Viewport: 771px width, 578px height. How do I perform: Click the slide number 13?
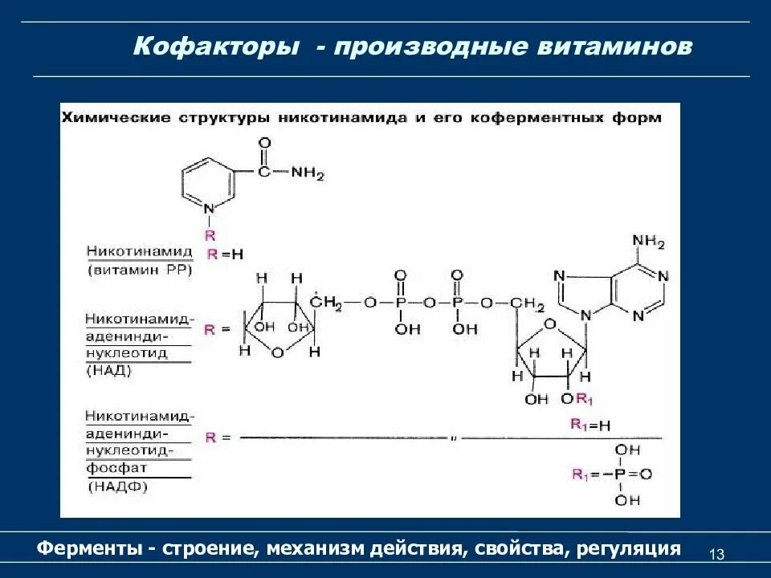pos(717,555)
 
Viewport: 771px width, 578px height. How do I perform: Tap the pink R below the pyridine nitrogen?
pos(210,235)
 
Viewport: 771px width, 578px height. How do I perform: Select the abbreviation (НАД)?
pos(110,371)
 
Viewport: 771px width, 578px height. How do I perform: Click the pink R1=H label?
pos(591,425)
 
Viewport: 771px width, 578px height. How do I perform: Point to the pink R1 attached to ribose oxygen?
pos(585,400)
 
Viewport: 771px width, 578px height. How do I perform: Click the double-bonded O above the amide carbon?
pos(264,143)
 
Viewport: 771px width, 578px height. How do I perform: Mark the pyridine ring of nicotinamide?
pos(209,180)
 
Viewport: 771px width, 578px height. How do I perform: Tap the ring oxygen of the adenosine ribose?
pos(550,324)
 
